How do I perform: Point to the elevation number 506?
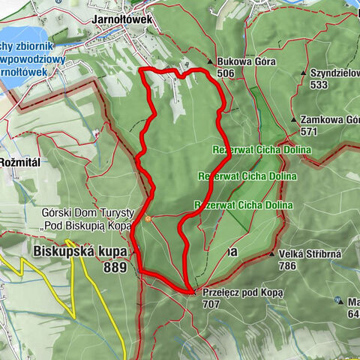(x=225, y=73)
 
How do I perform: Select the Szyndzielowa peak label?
(x=334, y=73)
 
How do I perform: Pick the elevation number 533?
(x=318, y=85)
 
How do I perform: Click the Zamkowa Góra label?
(x=329, y=119)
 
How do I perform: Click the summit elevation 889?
(x=115, y=267)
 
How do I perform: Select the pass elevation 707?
(x=211, y=305)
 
